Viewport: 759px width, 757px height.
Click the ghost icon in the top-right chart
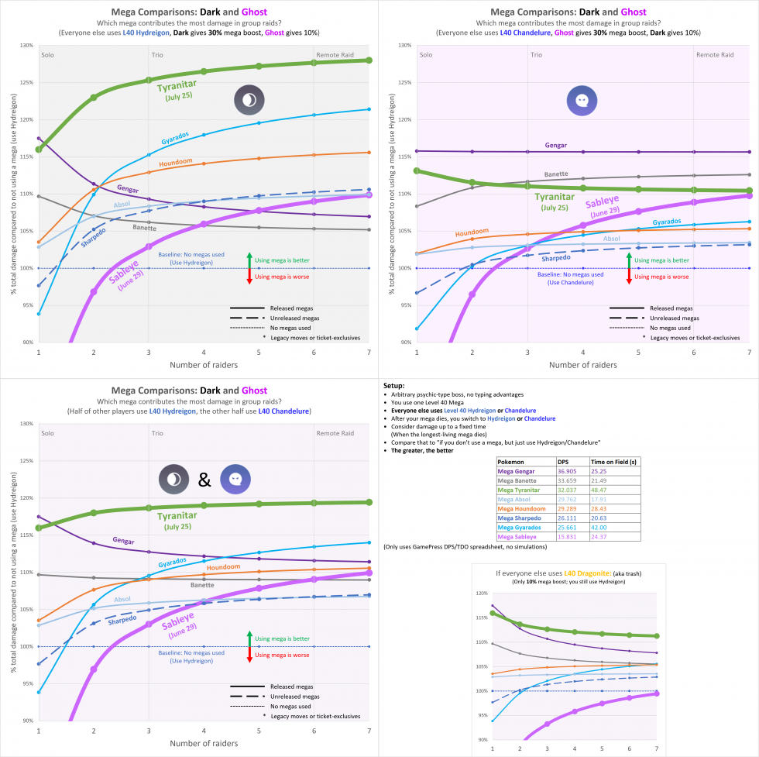tap(581, 99)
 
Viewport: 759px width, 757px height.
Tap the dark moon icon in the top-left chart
tap(249, 101)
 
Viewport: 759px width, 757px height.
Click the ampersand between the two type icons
tap(204, 480)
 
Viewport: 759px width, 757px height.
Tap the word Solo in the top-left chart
tap(48, 55)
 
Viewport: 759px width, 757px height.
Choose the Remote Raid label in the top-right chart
tap(714, 55)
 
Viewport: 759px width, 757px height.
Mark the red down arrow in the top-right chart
tap(628, 277)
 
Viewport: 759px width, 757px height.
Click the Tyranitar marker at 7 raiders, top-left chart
tap(369, 60)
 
